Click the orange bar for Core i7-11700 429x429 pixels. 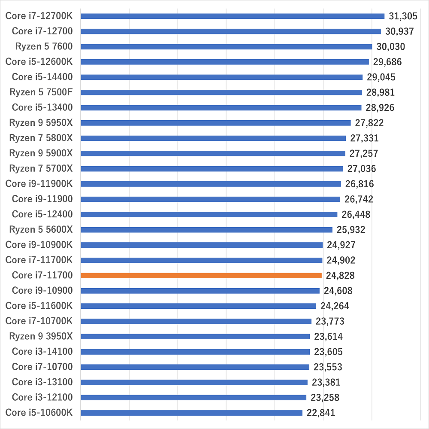(201, 275)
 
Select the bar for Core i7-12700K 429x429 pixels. (232, 16)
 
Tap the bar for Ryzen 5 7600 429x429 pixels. (226, 47)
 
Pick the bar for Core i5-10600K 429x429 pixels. (191, 413)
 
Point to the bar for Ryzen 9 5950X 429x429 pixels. (215, 123)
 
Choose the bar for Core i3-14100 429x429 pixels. (195, 352)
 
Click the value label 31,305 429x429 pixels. (403, 16)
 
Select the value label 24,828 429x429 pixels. (339, 275)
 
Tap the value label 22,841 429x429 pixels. (321, 413)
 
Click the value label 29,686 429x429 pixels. (387, 62)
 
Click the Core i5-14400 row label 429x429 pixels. (42, 77)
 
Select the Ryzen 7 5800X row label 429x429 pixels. (41, 138)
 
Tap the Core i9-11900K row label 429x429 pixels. (39, 184)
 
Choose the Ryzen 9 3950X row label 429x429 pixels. (41, 336)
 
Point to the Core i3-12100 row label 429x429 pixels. (42, 397)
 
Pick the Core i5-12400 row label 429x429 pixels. (42, 214)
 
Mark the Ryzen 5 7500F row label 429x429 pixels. (41, 92)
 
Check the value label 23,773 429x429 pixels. (330, 321)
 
